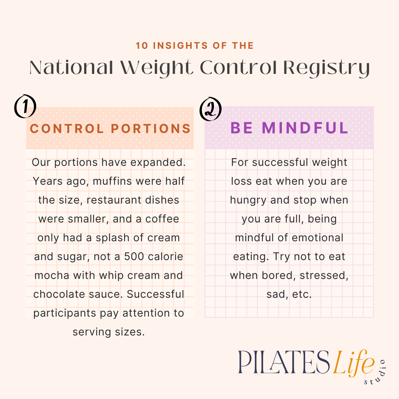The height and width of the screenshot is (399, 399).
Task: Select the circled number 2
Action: coord(210,110)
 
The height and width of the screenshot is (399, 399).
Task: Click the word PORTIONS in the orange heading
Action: coord(151,129)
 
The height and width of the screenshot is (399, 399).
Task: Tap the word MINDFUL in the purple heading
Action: coord(305,128)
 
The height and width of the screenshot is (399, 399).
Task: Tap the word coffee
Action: coord(162,219)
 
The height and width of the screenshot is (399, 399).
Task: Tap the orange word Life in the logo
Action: coord(353,363)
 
